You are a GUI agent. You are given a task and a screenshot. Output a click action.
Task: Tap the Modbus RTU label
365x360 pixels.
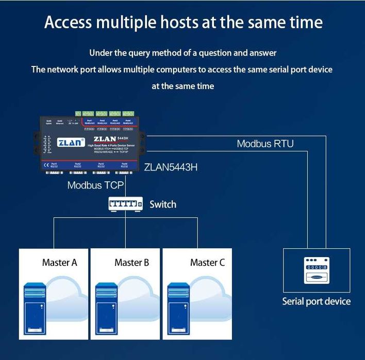click(265, 144)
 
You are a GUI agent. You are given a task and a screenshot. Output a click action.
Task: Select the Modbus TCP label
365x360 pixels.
click(96, 185)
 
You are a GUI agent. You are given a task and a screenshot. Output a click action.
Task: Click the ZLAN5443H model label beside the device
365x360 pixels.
click(171, 167)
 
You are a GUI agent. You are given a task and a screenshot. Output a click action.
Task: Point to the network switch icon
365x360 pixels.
click(125, 204)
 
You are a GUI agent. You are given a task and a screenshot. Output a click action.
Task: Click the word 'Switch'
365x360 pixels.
click(163, 204)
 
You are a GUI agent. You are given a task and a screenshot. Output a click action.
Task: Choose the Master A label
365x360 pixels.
click(60, 263)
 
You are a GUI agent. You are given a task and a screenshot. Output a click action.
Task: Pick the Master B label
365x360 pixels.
click(132, 263)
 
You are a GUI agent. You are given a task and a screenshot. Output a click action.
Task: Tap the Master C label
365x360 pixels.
click(207, 263)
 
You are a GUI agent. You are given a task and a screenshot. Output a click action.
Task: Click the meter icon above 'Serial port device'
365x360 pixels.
click(316, 270)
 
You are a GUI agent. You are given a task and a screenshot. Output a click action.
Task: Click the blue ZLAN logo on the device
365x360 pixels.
click(71, 142)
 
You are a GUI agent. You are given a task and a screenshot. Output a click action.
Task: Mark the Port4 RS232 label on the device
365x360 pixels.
click(124, 165)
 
